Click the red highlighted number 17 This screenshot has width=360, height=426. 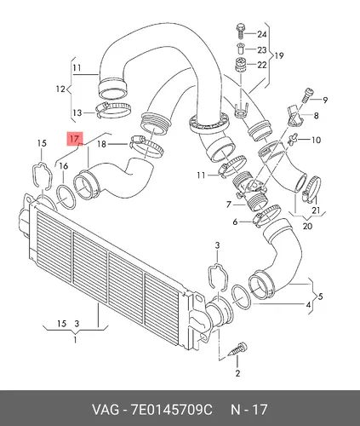[75, 139]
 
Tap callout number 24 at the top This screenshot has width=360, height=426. [262, 34]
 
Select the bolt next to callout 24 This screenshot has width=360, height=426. [240, 32]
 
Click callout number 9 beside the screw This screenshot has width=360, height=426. [325, 100]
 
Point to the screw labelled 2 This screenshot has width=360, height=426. [238, 349]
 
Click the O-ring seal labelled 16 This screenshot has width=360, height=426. [66, 197]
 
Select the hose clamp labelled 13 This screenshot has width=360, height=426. [113, 110]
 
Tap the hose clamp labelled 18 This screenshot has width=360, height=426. [146, 146]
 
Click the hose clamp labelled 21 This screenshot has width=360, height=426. [312, 188]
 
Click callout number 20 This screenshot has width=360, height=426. [308, 226]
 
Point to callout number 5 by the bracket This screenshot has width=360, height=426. [320, 296]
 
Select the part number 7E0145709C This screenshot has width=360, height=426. [171, 409]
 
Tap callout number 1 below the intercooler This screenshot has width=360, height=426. [75, 340]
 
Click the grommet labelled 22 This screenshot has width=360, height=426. [241, 66]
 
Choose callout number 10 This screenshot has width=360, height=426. [316, 140]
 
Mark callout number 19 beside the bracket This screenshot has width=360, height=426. [279, 55]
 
